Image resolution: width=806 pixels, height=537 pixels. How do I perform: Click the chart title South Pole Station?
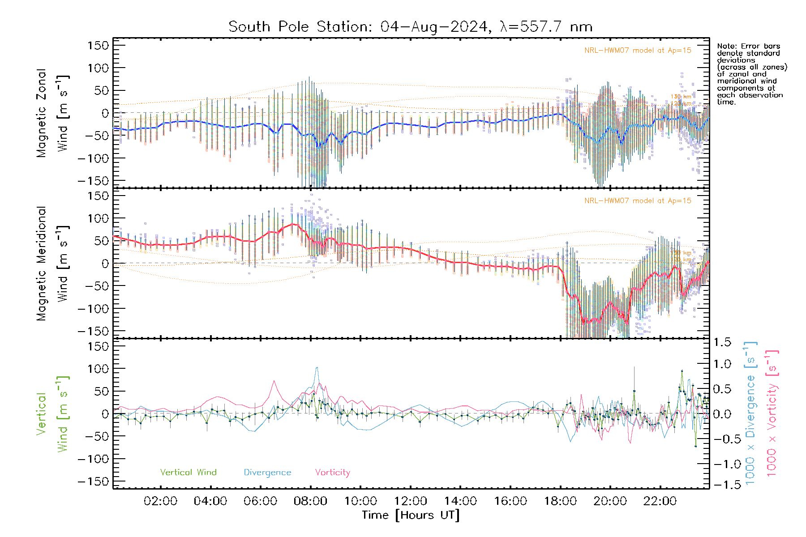point(410,27)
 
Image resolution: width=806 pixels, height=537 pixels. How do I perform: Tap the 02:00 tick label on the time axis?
point(160,501)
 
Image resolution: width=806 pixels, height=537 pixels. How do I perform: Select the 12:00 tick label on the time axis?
point(411,501)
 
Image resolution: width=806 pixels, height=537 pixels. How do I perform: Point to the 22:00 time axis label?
point(660,501)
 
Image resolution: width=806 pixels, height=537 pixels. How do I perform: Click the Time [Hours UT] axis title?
point(411,515)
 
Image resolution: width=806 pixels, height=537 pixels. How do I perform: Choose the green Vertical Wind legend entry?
point(188,473)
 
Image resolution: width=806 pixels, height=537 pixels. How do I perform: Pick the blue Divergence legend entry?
point(267,473)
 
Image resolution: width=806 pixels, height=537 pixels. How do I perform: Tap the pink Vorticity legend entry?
point(332,473)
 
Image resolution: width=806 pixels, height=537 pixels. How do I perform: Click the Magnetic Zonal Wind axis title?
point(53,113)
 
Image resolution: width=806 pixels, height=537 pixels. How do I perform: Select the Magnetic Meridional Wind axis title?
point(53,263)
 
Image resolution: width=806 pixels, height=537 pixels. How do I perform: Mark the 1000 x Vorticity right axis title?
point(772,413)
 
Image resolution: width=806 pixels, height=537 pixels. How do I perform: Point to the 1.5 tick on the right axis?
point(722,342)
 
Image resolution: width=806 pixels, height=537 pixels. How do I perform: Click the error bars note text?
point(751,74)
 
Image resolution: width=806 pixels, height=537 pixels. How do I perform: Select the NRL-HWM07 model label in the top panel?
point(638,51)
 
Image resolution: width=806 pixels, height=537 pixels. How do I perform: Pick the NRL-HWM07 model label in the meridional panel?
point(638,201)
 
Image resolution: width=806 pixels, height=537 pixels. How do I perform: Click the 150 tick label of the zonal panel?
point(99,45)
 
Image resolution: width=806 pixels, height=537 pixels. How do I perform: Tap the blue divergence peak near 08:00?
point(317,368)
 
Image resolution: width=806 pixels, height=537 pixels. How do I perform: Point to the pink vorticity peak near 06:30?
point(274,381)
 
